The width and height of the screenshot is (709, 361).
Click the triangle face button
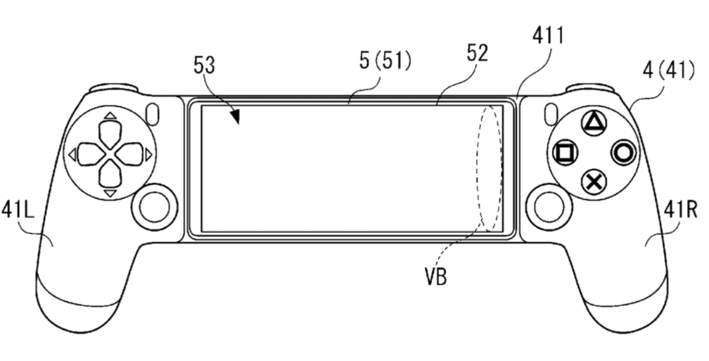click(x=594, y=123)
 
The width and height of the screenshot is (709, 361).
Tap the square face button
click(x=565, y=153)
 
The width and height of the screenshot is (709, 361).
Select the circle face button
click(x=623, y=153)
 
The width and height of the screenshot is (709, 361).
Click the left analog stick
click(x=155, y=207)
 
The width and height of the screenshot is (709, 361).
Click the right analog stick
click(x=549, y=207)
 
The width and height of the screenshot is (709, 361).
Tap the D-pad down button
click(x=110, y=175)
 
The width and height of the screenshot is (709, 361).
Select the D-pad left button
click(x=91, y=155)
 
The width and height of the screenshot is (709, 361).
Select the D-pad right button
click(x=130, y=155)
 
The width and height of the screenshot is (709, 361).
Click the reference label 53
click(x=204, y=66)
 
